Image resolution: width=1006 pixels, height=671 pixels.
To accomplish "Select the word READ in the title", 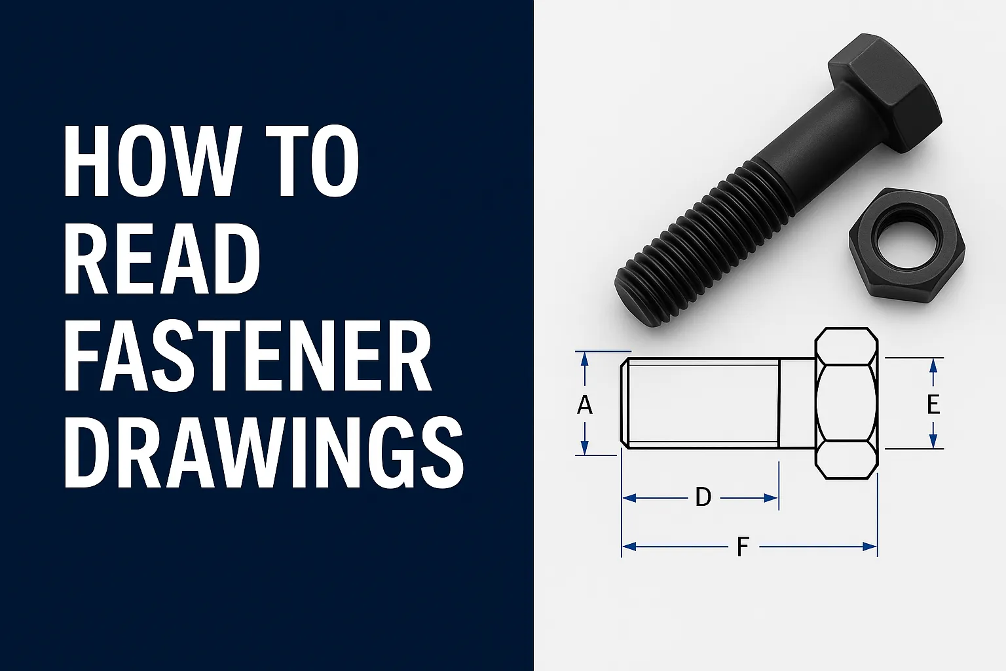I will tap(162, 259).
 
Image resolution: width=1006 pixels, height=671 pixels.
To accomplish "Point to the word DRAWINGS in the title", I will tap(263, 454).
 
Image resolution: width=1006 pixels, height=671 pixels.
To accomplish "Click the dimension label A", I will tap(585, 405).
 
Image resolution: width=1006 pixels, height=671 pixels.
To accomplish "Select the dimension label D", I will tap(703, 497).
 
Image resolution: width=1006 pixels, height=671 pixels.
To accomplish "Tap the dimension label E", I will tap(933, 404).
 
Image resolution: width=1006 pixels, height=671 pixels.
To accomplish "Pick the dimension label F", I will tap(742, 546).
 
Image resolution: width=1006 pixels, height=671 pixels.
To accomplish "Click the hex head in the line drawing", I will tap(846, 403).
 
